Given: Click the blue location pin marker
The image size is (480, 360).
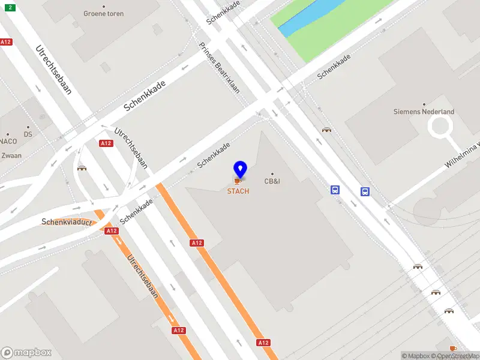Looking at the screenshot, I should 240,169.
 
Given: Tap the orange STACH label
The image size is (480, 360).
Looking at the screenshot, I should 238,191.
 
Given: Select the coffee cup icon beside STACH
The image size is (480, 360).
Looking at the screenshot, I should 238,181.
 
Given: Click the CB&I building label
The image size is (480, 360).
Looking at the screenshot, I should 274,181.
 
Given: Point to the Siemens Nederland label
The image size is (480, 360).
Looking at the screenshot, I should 424,112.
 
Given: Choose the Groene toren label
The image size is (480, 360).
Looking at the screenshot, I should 104,13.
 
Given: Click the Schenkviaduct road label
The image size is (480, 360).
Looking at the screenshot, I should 66,222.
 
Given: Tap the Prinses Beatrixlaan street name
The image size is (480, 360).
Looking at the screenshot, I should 220,68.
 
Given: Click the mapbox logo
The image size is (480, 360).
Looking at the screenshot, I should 26,353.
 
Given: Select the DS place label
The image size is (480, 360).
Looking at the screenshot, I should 28,134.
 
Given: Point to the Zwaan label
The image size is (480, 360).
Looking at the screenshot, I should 11,155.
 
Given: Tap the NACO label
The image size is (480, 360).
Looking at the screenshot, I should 8,142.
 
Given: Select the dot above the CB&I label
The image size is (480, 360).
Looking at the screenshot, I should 273,174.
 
